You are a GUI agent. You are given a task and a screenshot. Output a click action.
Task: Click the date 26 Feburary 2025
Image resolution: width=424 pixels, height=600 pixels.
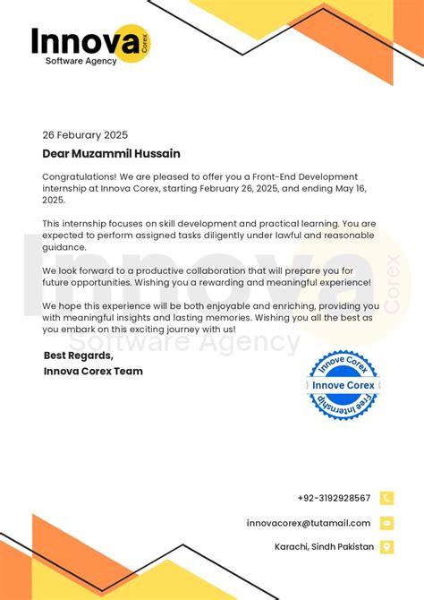86,136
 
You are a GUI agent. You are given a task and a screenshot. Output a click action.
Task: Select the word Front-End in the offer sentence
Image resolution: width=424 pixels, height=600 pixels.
252,177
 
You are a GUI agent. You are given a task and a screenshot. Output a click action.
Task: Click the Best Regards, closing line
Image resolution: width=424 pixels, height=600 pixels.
79,356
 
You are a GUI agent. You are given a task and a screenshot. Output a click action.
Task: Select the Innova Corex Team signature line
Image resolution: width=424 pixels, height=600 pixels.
93,371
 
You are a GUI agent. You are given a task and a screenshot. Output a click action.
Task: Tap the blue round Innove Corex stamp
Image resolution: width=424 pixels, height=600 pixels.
343,385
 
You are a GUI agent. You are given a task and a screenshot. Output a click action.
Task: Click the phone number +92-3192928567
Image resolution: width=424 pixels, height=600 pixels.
334,498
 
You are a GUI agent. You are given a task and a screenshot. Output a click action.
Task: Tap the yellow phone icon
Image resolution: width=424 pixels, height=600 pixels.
386,498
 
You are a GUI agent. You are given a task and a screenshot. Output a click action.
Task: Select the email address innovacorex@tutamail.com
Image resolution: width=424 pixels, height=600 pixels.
309,523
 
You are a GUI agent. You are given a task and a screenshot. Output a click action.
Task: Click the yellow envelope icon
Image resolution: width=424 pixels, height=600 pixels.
386,523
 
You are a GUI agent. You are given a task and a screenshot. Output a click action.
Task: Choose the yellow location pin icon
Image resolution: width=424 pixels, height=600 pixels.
386,547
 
